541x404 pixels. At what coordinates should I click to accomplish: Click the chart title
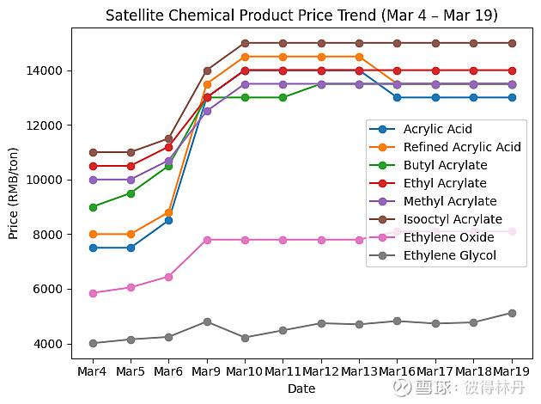click(x=301, y=16)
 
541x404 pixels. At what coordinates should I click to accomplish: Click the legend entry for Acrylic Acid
click(x=437, y=129)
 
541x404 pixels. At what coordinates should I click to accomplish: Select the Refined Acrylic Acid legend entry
click(x=462, y=147)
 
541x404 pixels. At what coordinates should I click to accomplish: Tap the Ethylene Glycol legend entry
click(x=448, y=254)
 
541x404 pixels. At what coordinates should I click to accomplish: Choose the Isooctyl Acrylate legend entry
click(x=453, y=219)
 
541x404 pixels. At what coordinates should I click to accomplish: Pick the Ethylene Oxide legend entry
click(x=448, y=237)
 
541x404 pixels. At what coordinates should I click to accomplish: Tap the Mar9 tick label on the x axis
click(x=207, y=371)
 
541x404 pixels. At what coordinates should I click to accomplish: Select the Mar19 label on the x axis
click(x=512, y=371)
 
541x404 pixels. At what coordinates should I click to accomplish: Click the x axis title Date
click(x=301, y=389)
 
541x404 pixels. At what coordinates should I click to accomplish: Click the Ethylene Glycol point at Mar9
click(x=207, y=321)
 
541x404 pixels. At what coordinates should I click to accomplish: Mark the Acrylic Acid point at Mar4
click(x=93, y=248)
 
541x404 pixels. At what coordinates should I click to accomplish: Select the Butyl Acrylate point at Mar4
click(x=93, y=207)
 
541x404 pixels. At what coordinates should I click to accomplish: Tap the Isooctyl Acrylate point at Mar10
click(x=245, y=43)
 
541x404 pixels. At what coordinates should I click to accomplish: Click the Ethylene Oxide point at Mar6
click(x=169, y=277)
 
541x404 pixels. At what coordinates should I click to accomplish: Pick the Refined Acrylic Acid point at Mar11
click(x=283, y=57)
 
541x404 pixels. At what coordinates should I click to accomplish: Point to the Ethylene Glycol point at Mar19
click(x=512, y=313)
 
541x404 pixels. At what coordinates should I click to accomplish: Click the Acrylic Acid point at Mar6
click(x=169, y=220)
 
